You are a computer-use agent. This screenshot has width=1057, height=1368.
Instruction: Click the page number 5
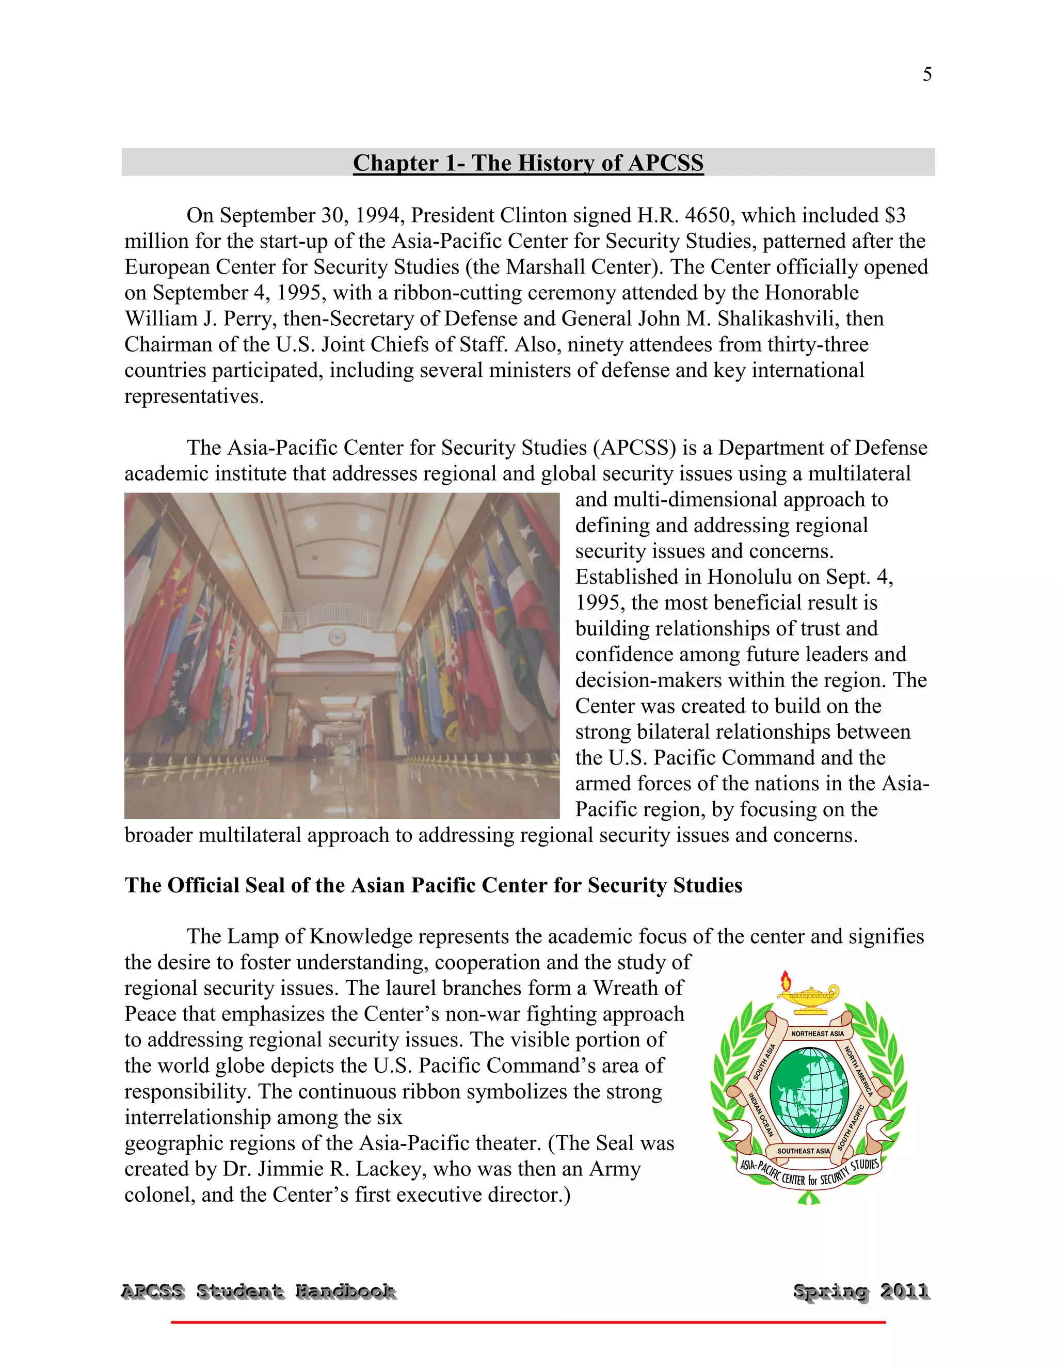[x=927, y=74]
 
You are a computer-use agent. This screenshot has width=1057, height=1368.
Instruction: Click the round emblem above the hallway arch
[x=337, y=637]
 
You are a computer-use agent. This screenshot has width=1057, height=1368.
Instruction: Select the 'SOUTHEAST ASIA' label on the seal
[x=804, y=1151]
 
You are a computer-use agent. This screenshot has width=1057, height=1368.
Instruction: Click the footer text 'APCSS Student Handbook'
[x=258, y=1292]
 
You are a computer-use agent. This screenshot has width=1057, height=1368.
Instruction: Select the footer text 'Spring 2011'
[x=861, y=1292]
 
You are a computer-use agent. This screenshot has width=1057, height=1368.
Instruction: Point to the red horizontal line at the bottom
[x=528, y=1322]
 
